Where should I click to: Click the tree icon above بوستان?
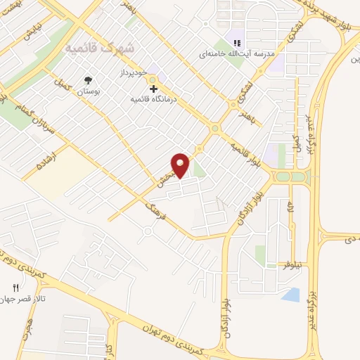point(88,81)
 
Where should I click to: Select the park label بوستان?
point(88,92)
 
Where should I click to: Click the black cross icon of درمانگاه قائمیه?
point(154,89)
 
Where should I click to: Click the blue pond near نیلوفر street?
point(290,295)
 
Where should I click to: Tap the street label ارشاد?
point(48,161)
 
